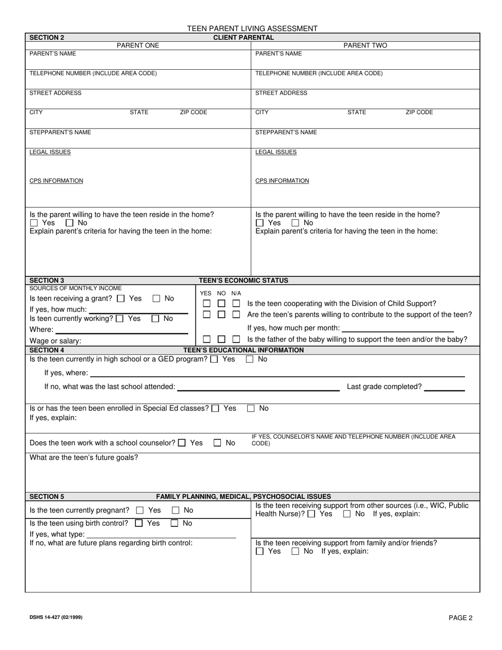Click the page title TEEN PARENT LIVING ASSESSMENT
tap(252, 29)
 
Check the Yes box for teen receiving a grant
tap(120, 299)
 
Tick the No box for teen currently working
tap(155, 319)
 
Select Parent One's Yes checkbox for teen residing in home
tap(34, 224)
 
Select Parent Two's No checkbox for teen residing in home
tap(295, 224)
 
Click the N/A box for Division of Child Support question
tap(236, 304)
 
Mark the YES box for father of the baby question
tap(207, 339)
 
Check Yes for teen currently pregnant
tap(140, 510)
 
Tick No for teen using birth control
tap(174, 524)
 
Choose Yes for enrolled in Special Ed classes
tap(215, 408)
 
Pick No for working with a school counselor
tap(217, 443)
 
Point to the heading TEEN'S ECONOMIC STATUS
tap(243, 281)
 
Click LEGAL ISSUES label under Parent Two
tap(276, 152)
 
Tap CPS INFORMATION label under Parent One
tap(56, 181)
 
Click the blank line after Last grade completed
tap(444, 389)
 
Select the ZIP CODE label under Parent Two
tap(419, 113)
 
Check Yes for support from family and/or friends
tap(259, 552)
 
